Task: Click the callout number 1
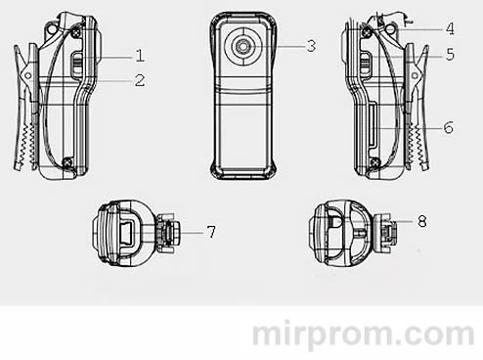[x=140, y=55]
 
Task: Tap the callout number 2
[x=140, y=80]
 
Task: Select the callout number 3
[x=310, y=45]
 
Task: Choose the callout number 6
[x=448, y=127]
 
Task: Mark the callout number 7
[x=210, y=232]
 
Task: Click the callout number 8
[x=421, y=222]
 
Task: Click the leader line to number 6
[x=416, y=127]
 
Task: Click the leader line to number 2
[x=111, y=80]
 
